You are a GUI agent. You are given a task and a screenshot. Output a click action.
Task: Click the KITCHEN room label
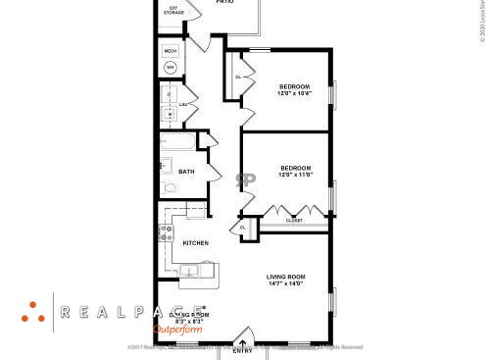pos(195,243)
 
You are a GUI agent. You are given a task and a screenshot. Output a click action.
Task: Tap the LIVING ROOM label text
pos(286,277)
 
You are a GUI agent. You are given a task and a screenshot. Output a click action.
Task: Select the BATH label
pos(185,172)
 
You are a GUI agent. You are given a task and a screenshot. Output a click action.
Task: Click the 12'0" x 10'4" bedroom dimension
pos(294,94)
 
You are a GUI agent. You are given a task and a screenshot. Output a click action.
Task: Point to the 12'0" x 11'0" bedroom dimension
pos(295,175)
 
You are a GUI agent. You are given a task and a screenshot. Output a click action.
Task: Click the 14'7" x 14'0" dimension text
pos(286,284)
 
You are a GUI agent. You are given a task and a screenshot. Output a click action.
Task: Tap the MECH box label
pos(171,51)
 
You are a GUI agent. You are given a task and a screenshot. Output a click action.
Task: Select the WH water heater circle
pos(171,68)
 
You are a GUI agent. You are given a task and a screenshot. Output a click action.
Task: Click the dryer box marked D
pos(169,94)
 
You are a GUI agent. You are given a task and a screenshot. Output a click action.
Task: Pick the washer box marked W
pos(169,114)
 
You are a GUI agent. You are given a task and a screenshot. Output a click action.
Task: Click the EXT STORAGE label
pos(173,11)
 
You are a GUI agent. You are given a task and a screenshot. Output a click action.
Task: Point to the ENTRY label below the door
pos(242,350)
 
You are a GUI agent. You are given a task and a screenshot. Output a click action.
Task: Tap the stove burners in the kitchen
pos(166,234)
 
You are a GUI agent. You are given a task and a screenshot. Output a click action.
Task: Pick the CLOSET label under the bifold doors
pos(294,221)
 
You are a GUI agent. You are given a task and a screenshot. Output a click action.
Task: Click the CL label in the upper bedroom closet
pos(238,77)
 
